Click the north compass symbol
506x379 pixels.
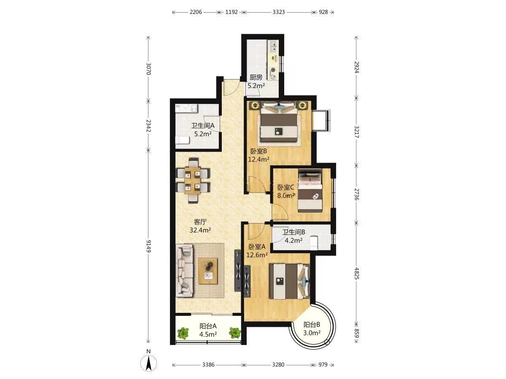149,366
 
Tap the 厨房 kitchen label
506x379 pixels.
256,77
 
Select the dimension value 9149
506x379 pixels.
148,246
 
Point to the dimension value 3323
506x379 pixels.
278,12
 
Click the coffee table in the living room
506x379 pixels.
208,271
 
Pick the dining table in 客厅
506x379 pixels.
193,180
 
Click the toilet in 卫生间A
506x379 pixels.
182,140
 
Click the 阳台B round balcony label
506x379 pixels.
312,325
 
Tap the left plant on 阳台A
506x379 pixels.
183,333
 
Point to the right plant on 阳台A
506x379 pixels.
235,333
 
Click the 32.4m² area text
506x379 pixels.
200,230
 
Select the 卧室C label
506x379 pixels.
285,187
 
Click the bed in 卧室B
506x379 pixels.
278,122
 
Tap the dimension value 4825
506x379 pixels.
357,273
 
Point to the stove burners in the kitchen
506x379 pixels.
273,73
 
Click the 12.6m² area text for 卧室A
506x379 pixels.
257,255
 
